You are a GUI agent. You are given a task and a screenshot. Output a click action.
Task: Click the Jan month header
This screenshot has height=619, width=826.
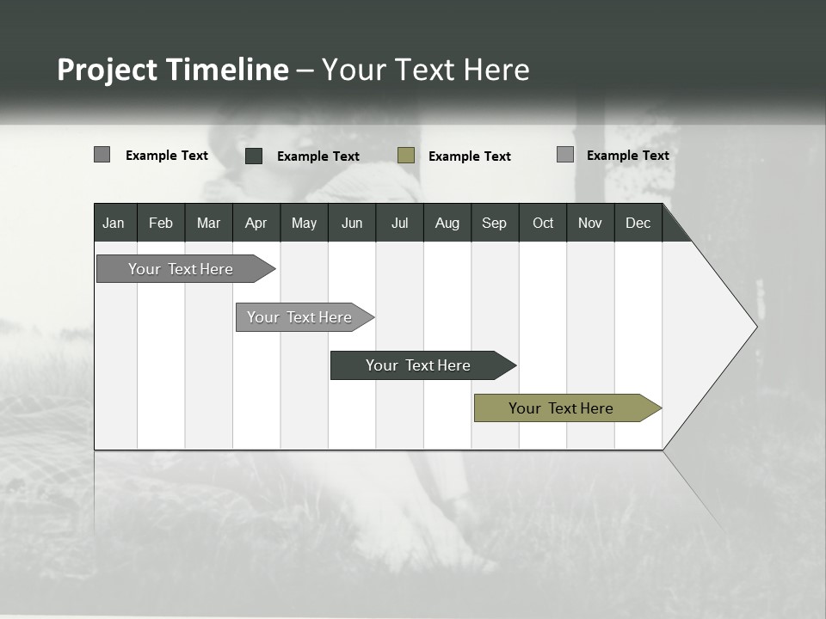114,223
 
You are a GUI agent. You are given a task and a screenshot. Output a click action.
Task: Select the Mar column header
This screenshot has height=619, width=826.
208,223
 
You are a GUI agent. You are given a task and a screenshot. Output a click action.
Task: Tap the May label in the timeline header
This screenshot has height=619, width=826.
304,223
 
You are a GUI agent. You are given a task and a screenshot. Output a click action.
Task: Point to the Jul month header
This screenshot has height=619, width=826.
399,223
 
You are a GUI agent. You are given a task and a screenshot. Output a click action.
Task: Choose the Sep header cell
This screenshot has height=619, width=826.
494,223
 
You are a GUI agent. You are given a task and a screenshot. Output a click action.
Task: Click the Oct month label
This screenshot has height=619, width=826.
543,223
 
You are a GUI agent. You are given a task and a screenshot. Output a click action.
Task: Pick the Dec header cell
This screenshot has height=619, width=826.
638,223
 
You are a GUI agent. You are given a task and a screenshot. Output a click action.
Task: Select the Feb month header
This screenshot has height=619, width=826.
161,223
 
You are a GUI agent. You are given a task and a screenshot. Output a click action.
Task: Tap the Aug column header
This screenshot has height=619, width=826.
447,223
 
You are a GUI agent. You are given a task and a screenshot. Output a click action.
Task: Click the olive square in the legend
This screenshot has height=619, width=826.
406,156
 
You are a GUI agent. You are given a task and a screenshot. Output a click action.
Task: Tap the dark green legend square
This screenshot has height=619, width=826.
254,156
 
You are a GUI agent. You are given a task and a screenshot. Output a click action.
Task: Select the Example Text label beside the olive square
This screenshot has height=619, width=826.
469,156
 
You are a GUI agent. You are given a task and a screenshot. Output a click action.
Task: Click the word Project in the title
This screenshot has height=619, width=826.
107,70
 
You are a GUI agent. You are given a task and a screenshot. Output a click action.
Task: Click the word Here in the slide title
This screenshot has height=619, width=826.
496,70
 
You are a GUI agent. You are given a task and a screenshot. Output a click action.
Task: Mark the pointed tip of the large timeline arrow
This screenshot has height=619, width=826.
755,327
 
